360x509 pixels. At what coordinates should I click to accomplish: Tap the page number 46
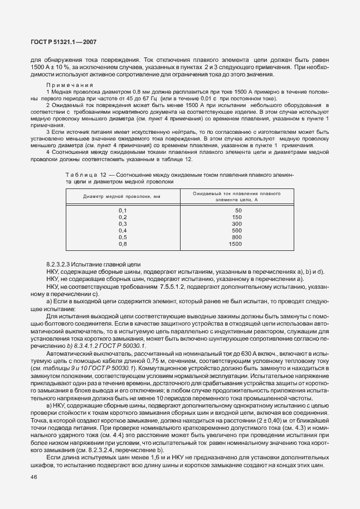tap(35, 477)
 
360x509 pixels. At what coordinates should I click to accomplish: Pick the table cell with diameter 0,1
tap(123, 210)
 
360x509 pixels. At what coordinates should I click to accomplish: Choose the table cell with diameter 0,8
tap(123, 244)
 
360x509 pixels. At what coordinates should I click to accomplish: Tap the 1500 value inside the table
tap(236, 244)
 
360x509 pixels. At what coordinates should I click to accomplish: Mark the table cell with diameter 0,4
tap(123, 230)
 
